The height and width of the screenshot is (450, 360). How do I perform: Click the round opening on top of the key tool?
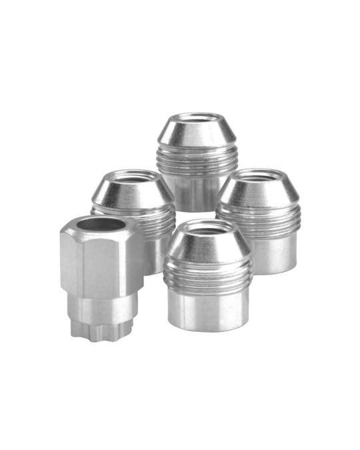101,225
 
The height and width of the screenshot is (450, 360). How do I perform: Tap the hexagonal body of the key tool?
100,263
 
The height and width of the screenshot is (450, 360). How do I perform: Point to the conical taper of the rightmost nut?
259,191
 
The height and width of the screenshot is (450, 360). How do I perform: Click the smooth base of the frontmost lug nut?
207,310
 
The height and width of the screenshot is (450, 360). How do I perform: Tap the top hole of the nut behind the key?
133,177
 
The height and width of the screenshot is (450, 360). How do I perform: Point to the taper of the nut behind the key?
133,193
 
